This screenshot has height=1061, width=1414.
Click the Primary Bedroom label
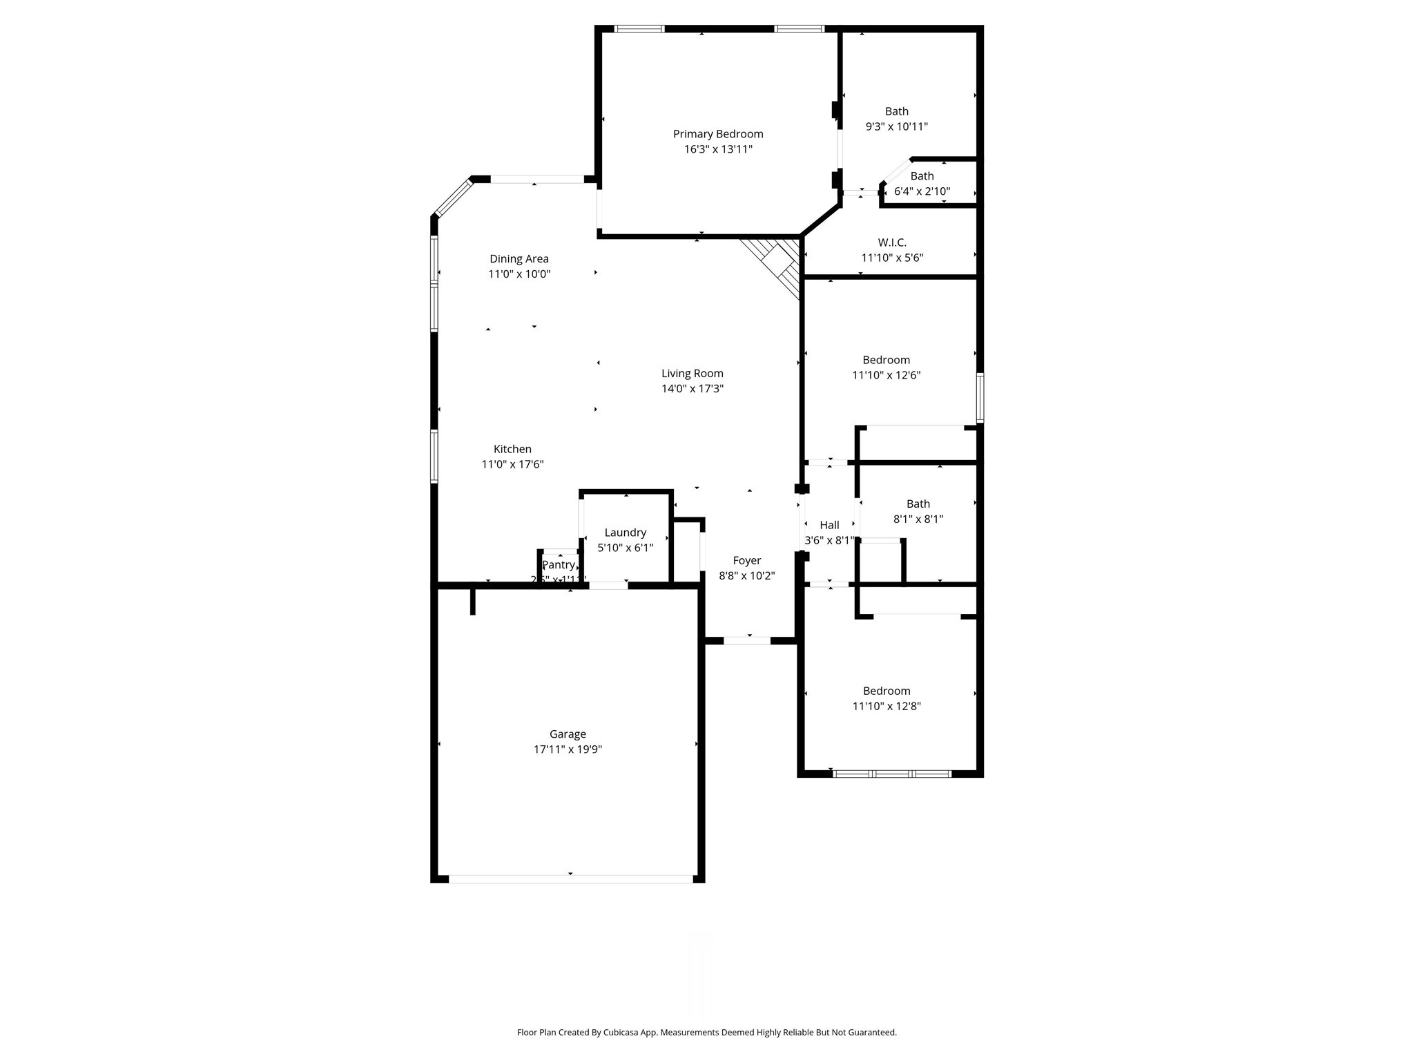[x=718, y=134]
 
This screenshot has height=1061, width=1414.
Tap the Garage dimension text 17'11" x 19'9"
[x=568, y=749]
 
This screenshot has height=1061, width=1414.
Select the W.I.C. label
[x=892, y=242]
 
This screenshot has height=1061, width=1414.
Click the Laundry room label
[x=625, y=533]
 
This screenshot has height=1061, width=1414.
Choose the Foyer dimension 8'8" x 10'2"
[x=747, y=576]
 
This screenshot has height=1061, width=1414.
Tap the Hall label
[x=829, y=526]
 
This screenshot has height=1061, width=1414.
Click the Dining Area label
[x=519, y=259]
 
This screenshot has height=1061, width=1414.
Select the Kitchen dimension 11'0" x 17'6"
[x=512, y=465]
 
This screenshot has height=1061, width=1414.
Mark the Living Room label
[x=693, y=374]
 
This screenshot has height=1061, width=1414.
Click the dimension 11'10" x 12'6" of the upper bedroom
[x=887, y=376]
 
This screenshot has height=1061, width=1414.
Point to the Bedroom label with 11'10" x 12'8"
[x=887, y=691]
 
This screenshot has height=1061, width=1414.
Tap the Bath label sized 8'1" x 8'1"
[x=918, y=504]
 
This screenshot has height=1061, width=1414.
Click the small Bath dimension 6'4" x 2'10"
[x=922, y=192]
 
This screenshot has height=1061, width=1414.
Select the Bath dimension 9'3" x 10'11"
[x=897, y=127]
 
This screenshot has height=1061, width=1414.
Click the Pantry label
[x=558, y=565]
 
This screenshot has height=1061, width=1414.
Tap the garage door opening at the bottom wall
[x=570, y=879]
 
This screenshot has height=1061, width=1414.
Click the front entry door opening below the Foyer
[x=747, y=641]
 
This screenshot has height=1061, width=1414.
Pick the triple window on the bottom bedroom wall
[x=892, y=774]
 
